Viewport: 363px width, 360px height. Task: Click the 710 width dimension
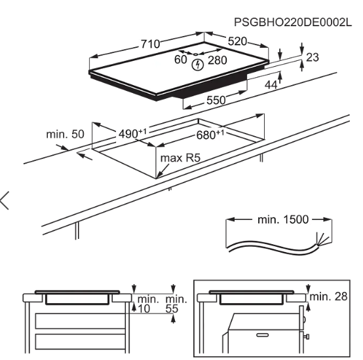[150, 44]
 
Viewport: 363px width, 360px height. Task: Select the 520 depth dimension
[237, 42]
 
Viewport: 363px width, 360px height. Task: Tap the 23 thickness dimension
[312, 58]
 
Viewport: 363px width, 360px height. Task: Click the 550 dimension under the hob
[216, 99]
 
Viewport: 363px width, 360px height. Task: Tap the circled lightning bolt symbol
[199, 64]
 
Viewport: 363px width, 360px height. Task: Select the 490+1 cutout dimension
[132, 134]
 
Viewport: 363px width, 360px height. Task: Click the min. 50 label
[66, 134]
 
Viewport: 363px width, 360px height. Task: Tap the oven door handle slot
[262, 334]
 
